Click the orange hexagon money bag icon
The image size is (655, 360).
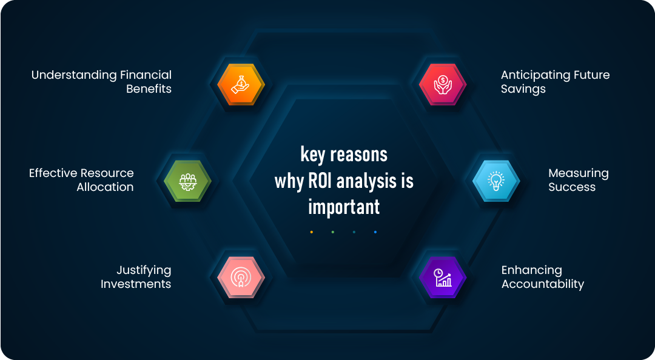pos(241,84)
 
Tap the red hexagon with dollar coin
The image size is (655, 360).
pos(443,84)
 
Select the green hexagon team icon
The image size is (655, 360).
pos(187,181)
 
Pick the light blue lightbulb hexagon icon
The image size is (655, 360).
pos(496,181)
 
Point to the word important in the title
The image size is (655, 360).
pos(344,207)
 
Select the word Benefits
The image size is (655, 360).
pos(149,89)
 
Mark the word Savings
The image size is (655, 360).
pos(523,89)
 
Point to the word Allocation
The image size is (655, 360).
pos(105,187)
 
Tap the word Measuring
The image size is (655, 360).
pos(578,173)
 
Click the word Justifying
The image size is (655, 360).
pos(144,270)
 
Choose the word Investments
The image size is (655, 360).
pos(136,284)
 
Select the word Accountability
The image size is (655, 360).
pos(542,284)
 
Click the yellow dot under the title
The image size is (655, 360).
pos(312,232)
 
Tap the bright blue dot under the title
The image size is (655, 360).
pos(375,232)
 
